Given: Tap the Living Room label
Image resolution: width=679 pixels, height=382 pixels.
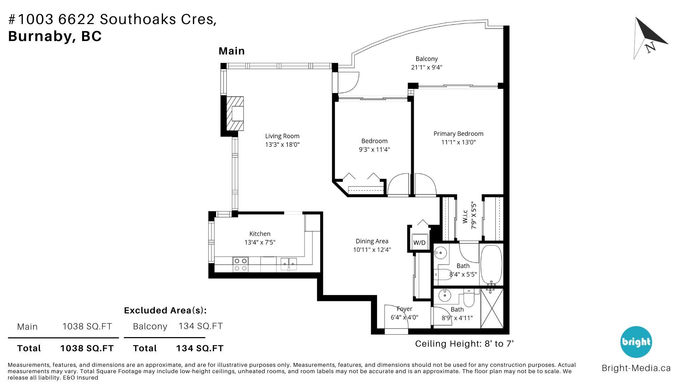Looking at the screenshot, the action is click(282, 136).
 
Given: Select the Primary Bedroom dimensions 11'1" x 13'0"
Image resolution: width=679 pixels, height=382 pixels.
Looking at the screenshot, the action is click(458, 142).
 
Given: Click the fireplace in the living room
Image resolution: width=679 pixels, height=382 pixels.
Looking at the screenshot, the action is click(235, 114).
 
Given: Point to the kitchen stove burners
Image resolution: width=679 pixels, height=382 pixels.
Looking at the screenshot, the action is click(240, 265).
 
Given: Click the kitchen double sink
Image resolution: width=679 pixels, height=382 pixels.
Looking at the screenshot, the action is click(289, 262).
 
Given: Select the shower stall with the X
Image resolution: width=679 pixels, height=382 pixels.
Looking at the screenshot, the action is click(492, 308).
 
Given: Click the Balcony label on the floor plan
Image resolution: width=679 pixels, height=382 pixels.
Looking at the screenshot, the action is click(426, 59).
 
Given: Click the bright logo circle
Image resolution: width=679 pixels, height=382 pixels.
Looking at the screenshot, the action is click(636, 342).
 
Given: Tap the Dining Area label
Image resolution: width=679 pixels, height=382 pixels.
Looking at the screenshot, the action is click(372, 241).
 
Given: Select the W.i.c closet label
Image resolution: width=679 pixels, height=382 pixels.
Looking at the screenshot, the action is click(465, 216).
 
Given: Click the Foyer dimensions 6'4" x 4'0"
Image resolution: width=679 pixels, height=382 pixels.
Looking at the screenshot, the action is click(405, 317).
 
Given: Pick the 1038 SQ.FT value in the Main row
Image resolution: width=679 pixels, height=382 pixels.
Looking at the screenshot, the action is click(87, 326).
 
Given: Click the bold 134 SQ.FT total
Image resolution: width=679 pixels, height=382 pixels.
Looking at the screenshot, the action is click(200, 348).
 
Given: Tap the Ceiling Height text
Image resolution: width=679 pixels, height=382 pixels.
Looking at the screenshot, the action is click(464, 343).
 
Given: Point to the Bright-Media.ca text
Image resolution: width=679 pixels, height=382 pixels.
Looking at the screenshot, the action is click(636, 368).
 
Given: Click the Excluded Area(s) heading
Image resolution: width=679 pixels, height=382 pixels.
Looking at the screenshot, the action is click(165, 310).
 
